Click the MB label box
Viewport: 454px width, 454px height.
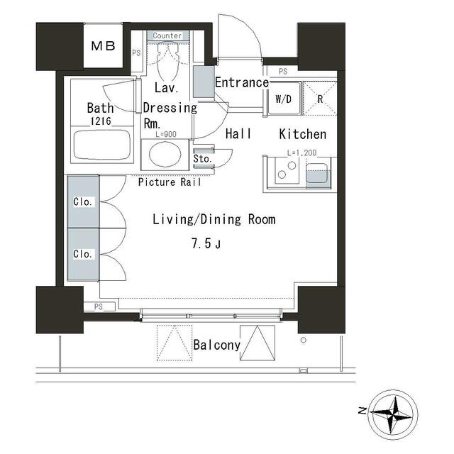tap(103, 45)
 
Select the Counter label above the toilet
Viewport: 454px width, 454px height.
tap(167, 35)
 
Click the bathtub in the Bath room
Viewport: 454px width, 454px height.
tap(102, 145)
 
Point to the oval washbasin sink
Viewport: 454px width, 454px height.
tap(165, 155)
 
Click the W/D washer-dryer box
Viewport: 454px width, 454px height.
tap(284, 99)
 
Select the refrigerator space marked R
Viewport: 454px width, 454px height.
tap(320, 99)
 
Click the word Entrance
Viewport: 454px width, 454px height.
tap(242, 82)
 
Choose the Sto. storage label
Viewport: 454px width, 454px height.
tap(202, 159)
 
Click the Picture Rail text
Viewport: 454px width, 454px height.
tap(170, 182)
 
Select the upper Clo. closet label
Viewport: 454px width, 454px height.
tap(82, 201)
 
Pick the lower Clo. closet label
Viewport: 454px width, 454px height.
tap(82, 254)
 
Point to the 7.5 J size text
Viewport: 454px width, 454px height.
tap(206, 243)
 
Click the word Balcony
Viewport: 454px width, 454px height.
tap(217, 345)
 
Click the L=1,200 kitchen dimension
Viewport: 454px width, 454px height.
tap(301, 153)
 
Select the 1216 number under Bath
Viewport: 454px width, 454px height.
tap(101, 121)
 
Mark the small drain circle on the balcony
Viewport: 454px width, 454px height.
tap(304, 340)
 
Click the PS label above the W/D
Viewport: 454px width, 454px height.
tap(283, 71)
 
